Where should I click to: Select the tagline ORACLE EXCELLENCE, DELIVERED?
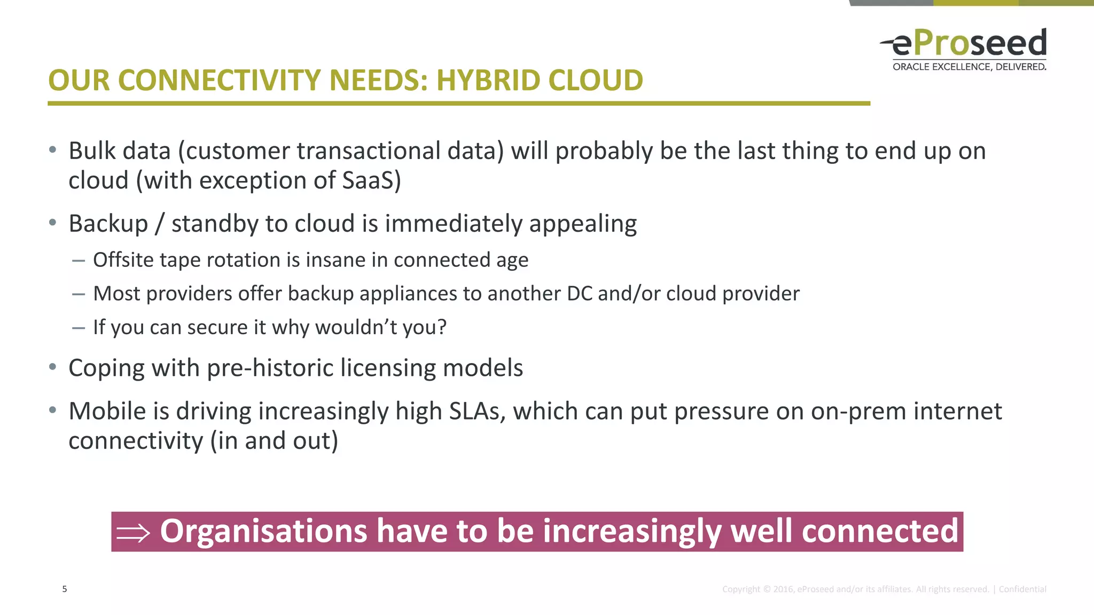969,67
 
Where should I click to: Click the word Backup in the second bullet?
108,224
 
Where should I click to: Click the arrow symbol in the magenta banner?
133,532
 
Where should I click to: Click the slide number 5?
65,589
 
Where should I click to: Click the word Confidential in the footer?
1022,589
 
